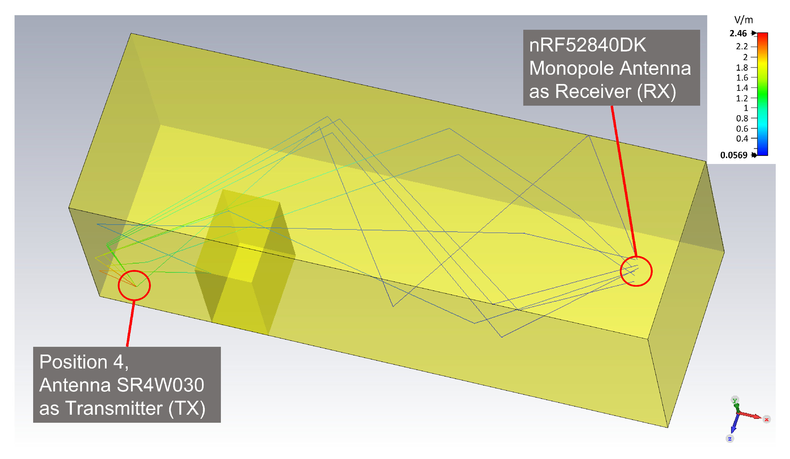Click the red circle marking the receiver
coord(636,271)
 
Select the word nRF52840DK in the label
coord(587,45)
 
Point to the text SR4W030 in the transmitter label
coord(160,385)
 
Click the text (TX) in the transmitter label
coord(187,408)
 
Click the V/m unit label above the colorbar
coord(743,20)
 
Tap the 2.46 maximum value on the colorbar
coord(738,33)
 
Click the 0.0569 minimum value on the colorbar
coord(734,155)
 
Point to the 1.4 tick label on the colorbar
coord(742,88)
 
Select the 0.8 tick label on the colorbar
coord(742,118)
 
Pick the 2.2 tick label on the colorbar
coord(742,46)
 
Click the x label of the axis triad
coord(766,419)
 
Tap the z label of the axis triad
coord(730,439)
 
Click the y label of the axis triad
coord(735,400)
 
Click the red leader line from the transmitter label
coord(131,323)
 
